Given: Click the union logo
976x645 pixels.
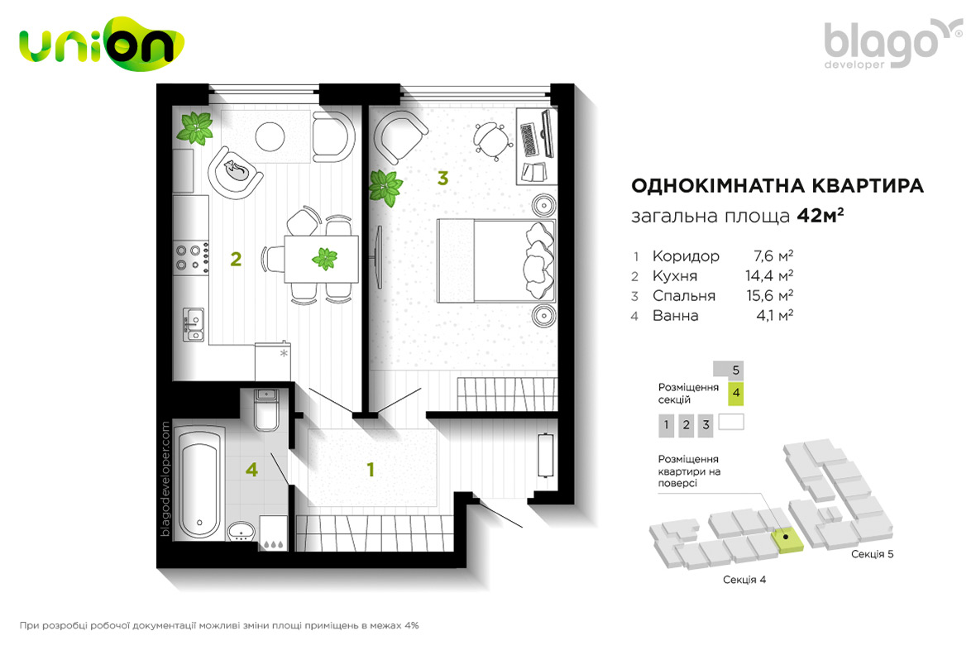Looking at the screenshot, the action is point(102,44).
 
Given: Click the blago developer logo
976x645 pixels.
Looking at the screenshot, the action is point(892,44).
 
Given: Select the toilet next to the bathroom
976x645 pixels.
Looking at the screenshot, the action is point(267,409).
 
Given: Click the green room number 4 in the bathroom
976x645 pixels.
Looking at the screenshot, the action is point(251,470).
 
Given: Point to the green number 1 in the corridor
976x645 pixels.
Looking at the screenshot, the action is point(371,470).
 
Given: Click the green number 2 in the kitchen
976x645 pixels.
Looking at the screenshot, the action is point(235,259).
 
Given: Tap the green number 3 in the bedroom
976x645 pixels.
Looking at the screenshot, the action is point(443,178).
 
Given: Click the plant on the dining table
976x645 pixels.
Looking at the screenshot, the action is point(324,258).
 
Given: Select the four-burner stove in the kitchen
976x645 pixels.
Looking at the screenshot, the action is point(191,258).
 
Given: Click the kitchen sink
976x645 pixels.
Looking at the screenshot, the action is point(194,324).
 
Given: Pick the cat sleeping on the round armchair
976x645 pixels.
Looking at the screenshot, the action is point(237,169).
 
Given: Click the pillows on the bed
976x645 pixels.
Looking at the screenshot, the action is point(539,260).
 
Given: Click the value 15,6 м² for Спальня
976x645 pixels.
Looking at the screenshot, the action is point(770,295).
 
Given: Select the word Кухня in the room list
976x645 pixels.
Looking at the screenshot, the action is point(675,276).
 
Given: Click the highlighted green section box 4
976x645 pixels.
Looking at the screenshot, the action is point(736,394).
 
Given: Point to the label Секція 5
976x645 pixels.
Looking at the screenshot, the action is point(872,554).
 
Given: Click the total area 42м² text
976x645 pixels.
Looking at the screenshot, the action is point(821,216).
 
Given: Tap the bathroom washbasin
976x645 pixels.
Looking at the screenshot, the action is point(242,532).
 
